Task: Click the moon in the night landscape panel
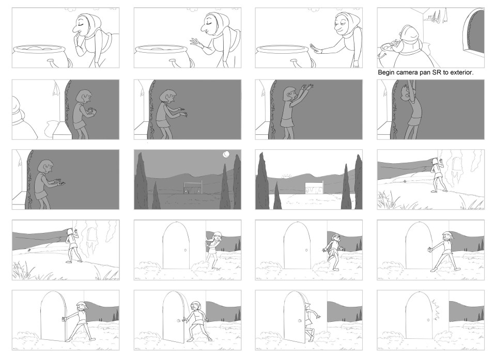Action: point(226,154)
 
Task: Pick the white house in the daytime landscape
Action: point(314,187)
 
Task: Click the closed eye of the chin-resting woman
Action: point(80,21)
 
